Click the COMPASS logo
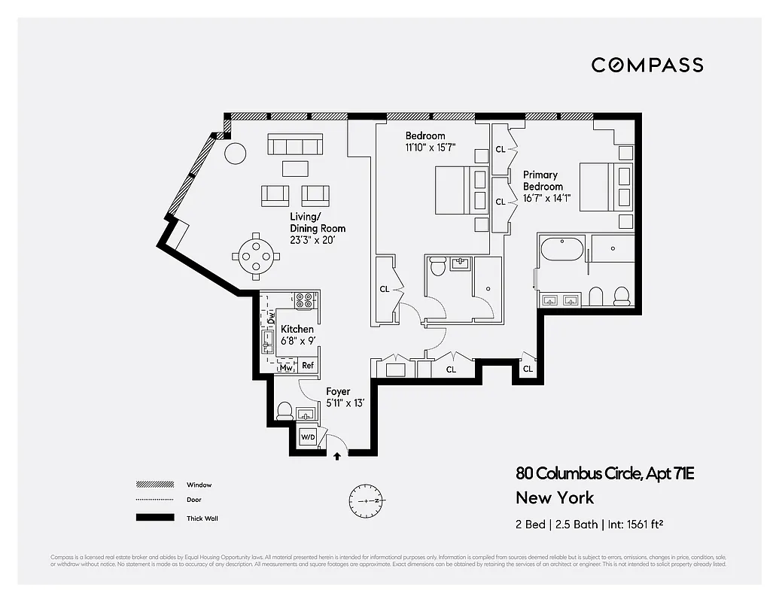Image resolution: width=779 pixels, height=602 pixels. (647, 65)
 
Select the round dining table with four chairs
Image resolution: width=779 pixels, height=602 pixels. (257, 255)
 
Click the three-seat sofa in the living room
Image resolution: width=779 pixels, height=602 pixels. (295, 144)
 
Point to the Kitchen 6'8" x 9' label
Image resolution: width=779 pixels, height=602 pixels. (297, 334)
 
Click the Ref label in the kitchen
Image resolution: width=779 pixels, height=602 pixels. (307, 366)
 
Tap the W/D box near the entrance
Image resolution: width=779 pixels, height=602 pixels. (308, 437)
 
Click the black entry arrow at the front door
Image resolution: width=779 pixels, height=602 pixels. (336, 455)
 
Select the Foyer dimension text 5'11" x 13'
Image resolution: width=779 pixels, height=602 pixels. (345, 403)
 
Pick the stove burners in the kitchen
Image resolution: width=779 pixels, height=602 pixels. (305, 300)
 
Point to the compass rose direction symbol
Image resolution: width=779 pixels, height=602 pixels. (367, 500)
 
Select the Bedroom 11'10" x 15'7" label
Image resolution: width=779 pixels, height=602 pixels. (430, 141)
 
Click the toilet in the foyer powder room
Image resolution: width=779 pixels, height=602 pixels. (285, 411)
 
